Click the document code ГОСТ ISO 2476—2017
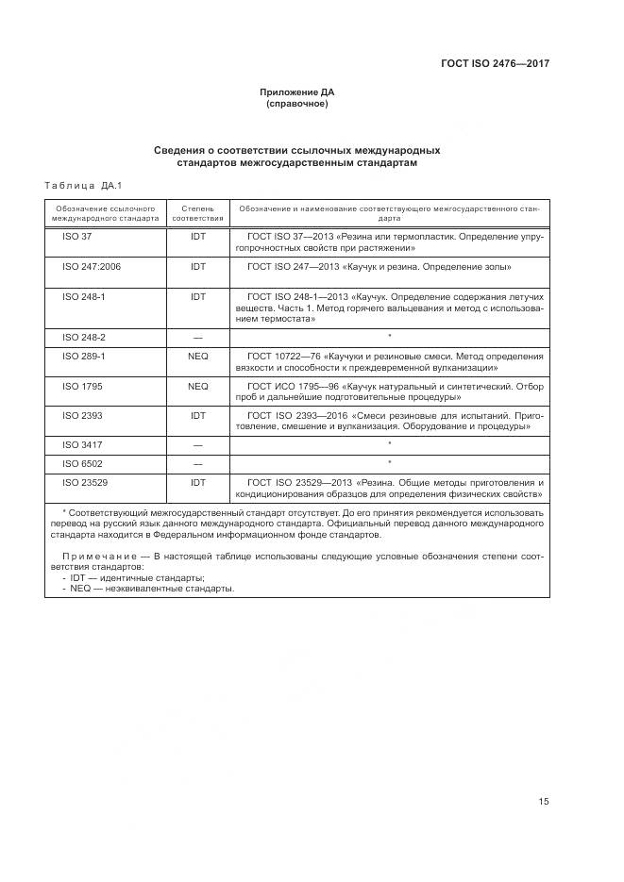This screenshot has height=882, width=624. coord(495,64)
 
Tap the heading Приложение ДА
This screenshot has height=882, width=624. coord(297,92)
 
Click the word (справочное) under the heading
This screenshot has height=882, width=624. coord(297,105)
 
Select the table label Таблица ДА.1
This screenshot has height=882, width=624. coord(84,186)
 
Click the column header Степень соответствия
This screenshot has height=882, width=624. coord(198,211)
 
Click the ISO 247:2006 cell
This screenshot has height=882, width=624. coord(91,267)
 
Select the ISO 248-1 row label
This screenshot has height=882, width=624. coord(83,296)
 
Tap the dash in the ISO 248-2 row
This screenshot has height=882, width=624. coord(198,337)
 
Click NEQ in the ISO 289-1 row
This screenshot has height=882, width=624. coord(198,357)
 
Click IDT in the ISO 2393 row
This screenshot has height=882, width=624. coord(198,414)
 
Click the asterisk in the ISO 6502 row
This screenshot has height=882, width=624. coord(389,463)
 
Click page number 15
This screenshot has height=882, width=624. coord(544,801)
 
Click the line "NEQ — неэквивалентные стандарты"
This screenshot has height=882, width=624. coord(152,589)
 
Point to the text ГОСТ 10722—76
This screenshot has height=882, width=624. coord(282,357)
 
